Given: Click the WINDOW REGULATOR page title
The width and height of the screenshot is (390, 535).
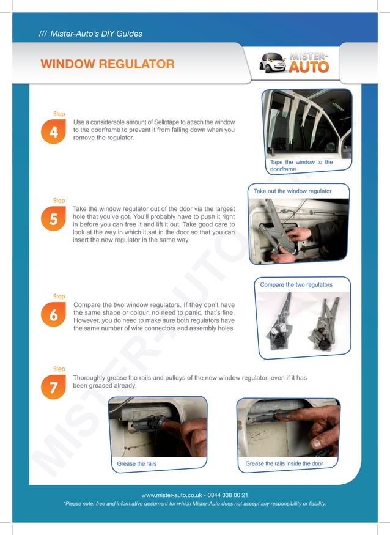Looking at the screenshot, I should coord(107,64).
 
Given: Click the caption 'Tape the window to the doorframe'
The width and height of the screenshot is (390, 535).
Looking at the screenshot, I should coord(301,166).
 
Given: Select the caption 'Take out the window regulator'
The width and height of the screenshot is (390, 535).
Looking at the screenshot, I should coord(292,191).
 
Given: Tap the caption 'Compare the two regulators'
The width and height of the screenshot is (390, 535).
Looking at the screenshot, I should coord(296,285).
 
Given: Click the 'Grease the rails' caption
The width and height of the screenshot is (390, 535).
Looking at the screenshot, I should coord(137,464).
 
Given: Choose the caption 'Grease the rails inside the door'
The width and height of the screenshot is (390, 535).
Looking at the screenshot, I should coord(284,464).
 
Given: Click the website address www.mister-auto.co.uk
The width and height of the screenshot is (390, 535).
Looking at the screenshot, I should coord(171,495).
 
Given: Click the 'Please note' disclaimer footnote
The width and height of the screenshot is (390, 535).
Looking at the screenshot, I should coord(194,504).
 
